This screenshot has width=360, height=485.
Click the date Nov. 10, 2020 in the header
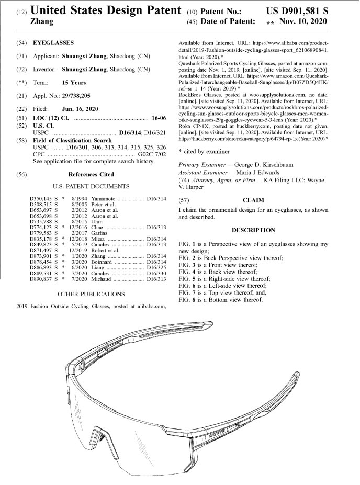(x=303, y=22)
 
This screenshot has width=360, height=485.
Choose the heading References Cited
(x=91, y=174)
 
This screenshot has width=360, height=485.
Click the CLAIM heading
(x=254, y=200)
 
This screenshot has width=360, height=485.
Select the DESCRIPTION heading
(x=253, y=230)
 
